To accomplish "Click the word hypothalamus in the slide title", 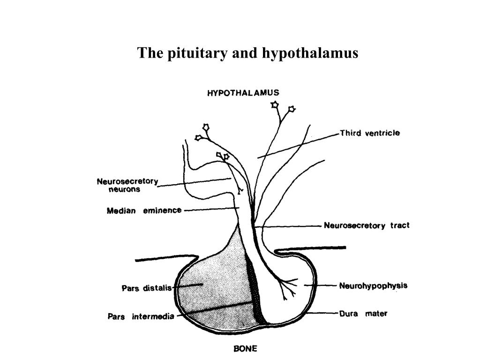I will [x=310, y=53].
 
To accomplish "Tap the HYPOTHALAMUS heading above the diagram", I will [x=243, y=93].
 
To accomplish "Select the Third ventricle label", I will [x=370, y=133].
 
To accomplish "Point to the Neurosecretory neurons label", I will [x=127, y=185].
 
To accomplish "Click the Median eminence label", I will [x=144, y=210].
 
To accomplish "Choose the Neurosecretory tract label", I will [x=367, y=225].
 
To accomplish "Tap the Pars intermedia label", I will [x=141, y=316].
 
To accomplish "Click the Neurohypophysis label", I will [x=373, y=285].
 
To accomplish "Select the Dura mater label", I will [x=363, y=314].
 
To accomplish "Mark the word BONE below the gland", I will [x=246, y=349].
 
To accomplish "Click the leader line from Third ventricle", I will [x=300, y=145].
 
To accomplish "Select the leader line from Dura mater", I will [x=323, y=313].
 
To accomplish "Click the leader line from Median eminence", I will [x=211, y=210].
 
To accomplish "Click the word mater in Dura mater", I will [x=376, y=314].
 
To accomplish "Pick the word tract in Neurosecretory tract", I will [x=400, y=225].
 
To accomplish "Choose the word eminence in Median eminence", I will [x=162, y=210].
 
